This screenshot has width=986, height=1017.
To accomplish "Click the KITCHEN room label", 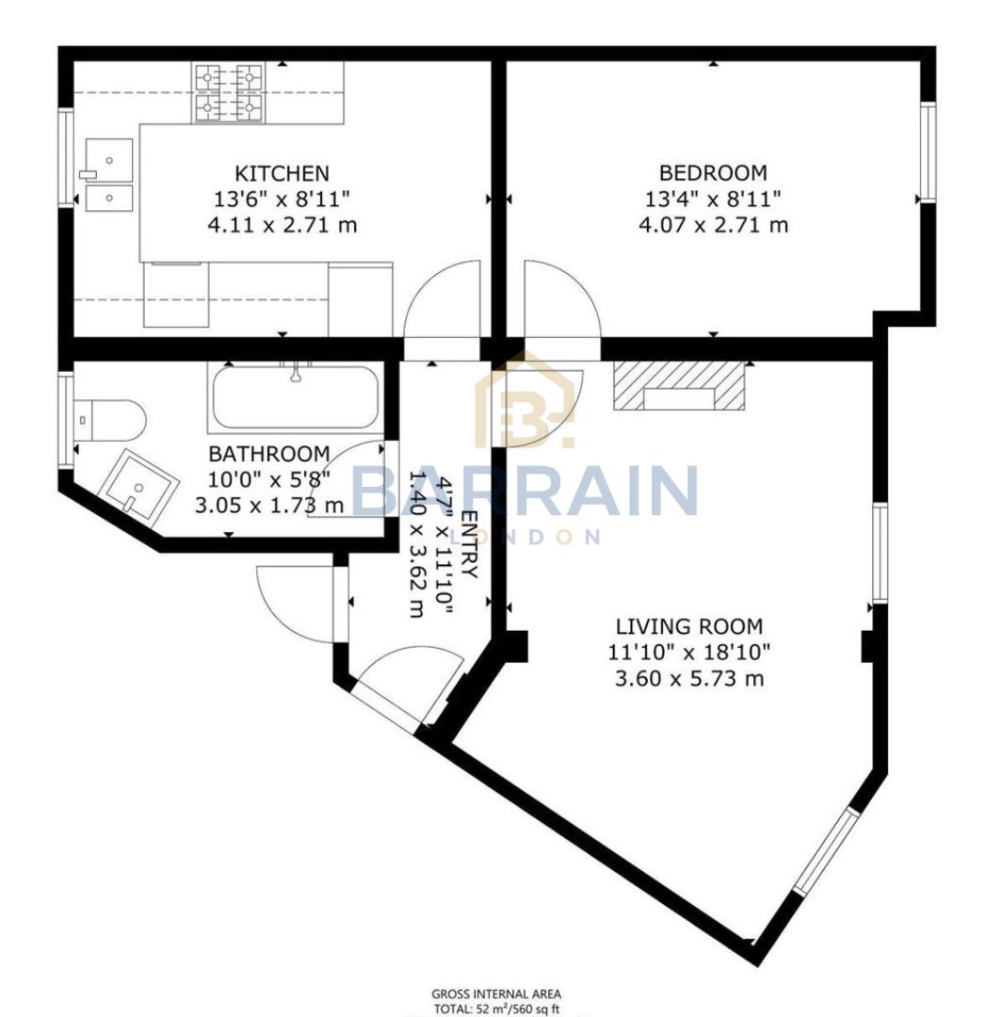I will (x=282, y=173).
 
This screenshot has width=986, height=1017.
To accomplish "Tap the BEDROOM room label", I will (x=713, y=173).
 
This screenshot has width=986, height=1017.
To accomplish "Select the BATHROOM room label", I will (x=269, y=454).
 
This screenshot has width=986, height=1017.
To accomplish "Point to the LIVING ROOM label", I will (x=688, y=626).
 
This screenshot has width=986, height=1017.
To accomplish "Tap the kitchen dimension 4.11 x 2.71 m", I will (x=282, y=225).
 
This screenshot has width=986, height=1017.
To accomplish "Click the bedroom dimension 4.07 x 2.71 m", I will (x=713, y=225).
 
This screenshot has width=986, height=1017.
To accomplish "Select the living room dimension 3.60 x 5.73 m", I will (x=688, y=678).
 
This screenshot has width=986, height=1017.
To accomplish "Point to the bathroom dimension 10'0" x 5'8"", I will (x=269, y=479).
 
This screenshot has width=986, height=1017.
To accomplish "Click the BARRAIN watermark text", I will (x=525, y=491).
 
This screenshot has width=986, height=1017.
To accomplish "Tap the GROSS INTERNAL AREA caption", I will (x=495, y=993).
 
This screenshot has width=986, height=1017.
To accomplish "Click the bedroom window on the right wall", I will (x=928, y=153).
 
